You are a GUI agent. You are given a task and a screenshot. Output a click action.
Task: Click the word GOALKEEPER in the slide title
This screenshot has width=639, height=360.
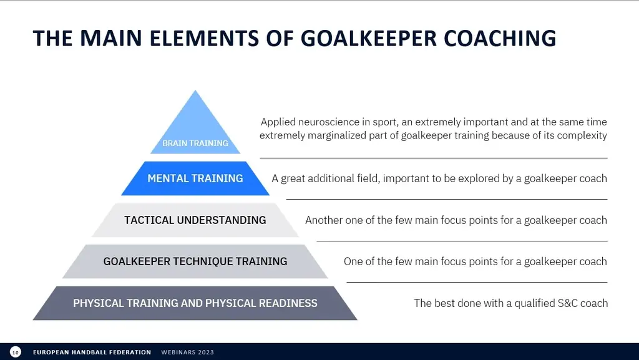(369, 37)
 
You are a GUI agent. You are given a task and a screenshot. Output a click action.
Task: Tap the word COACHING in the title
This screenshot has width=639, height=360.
(500, 37)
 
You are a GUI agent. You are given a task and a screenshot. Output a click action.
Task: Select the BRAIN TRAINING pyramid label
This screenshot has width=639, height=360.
(195, 143)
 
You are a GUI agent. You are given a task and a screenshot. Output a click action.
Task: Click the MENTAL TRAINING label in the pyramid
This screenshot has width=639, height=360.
(195, 178)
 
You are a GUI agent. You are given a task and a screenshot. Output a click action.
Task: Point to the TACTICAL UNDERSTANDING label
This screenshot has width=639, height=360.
(195, 220)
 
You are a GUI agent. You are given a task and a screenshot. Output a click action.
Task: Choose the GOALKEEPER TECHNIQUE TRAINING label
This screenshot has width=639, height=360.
(195, 261)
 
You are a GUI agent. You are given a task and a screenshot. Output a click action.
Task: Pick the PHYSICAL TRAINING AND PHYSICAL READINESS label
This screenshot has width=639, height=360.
(195, 303)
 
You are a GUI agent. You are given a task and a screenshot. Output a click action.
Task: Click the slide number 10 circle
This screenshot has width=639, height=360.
(15, 352)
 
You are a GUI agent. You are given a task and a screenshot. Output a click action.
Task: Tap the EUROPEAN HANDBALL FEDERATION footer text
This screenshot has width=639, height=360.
(92, 353)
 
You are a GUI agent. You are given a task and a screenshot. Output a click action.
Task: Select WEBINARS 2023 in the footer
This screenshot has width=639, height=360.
(187, 353)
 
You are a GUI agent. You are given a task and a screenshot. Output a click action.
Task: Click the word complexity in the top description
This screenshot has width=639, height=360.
(582, 135)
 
